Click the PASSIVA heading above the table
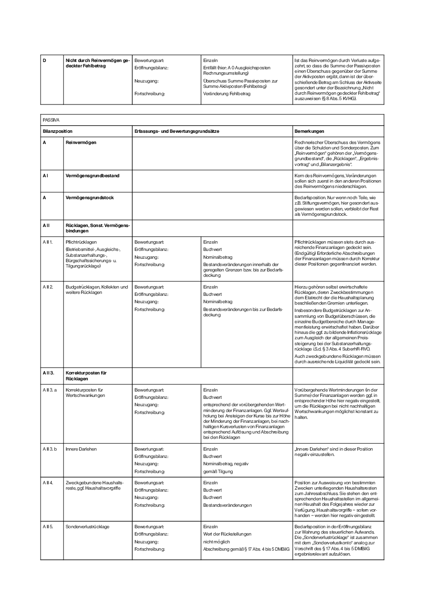(x=50, y=120)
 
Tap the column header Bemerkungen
(x=310, y=131)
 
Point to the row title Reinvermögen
(x=81, y=142)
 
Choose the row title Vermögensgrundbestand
(x=92, y=175)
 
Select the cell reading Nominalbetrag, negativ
(x=225, y=464)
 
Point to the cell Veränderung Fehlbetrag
(x=227, y=93)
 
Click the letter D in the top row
(x=44, y=60)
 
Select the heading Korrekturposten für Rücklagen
(x=86, y=375)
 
